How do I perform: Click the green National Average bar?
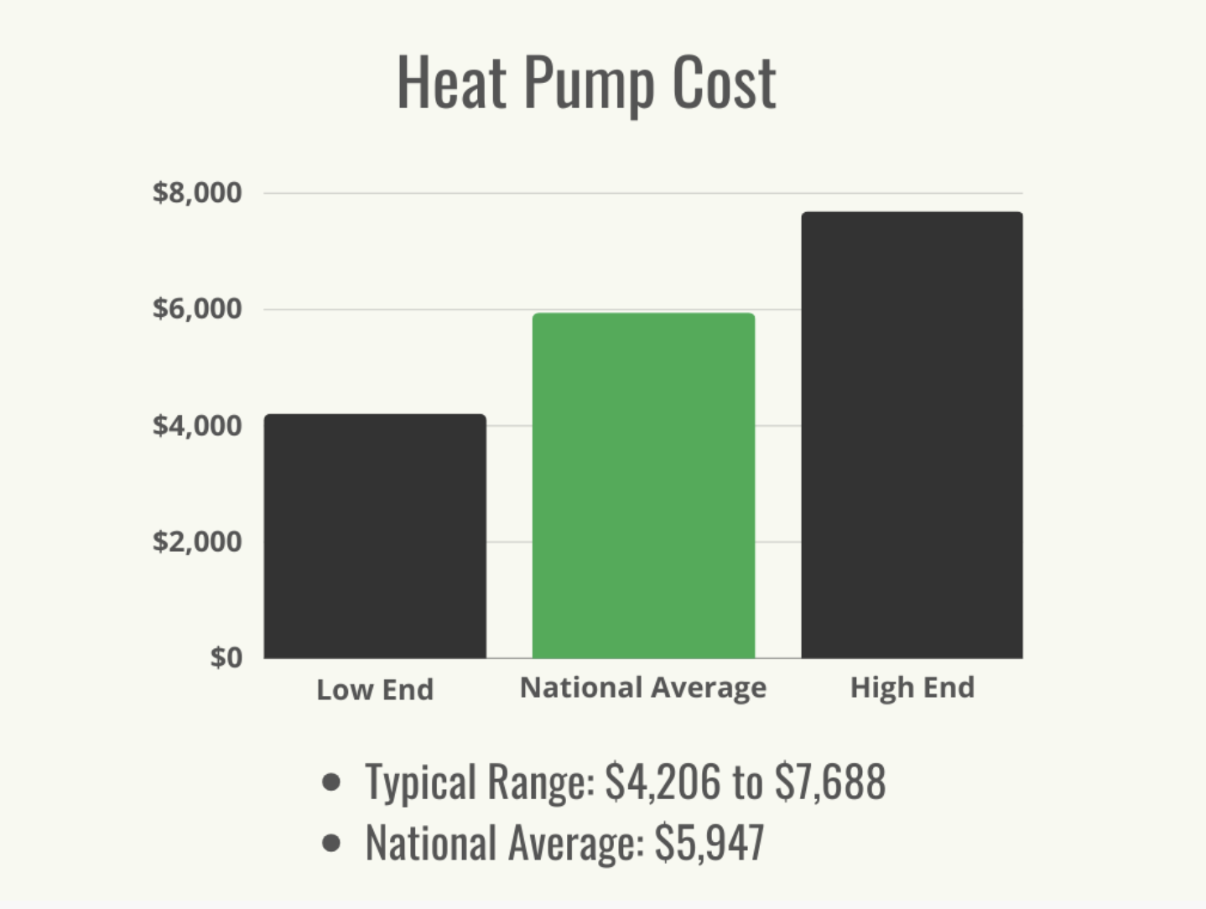tap(643, 486)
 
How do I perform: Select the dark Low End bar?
tap(375, 536)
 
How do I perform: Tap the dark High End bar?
tap(912, 435)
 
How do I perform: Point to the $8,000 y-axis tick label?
tap(197, 193)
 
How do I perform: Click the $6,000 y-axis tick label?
tap(197, 309)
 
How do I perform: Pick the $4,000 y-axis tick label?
tap(197, 425)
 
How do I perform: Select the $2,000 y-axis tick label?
tap(197, 541)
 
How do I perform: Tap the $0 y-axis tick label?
tap(226, 657)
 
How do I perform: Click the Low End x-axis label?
tap(375, 689)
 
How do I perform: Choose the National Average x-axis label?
tap(643, 688)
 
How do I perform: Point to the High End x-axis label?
tap(912, 688)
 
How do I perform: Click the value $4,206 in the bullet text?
tap(663, 782)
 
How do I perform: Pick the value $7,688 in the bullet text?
tap(829, 782)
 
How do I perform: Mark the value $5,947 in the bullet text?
tap(710, 842)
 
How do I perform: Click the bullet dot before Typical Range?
tap(331, 782)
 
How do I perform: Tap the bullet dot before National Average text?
tap(331, 842)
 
